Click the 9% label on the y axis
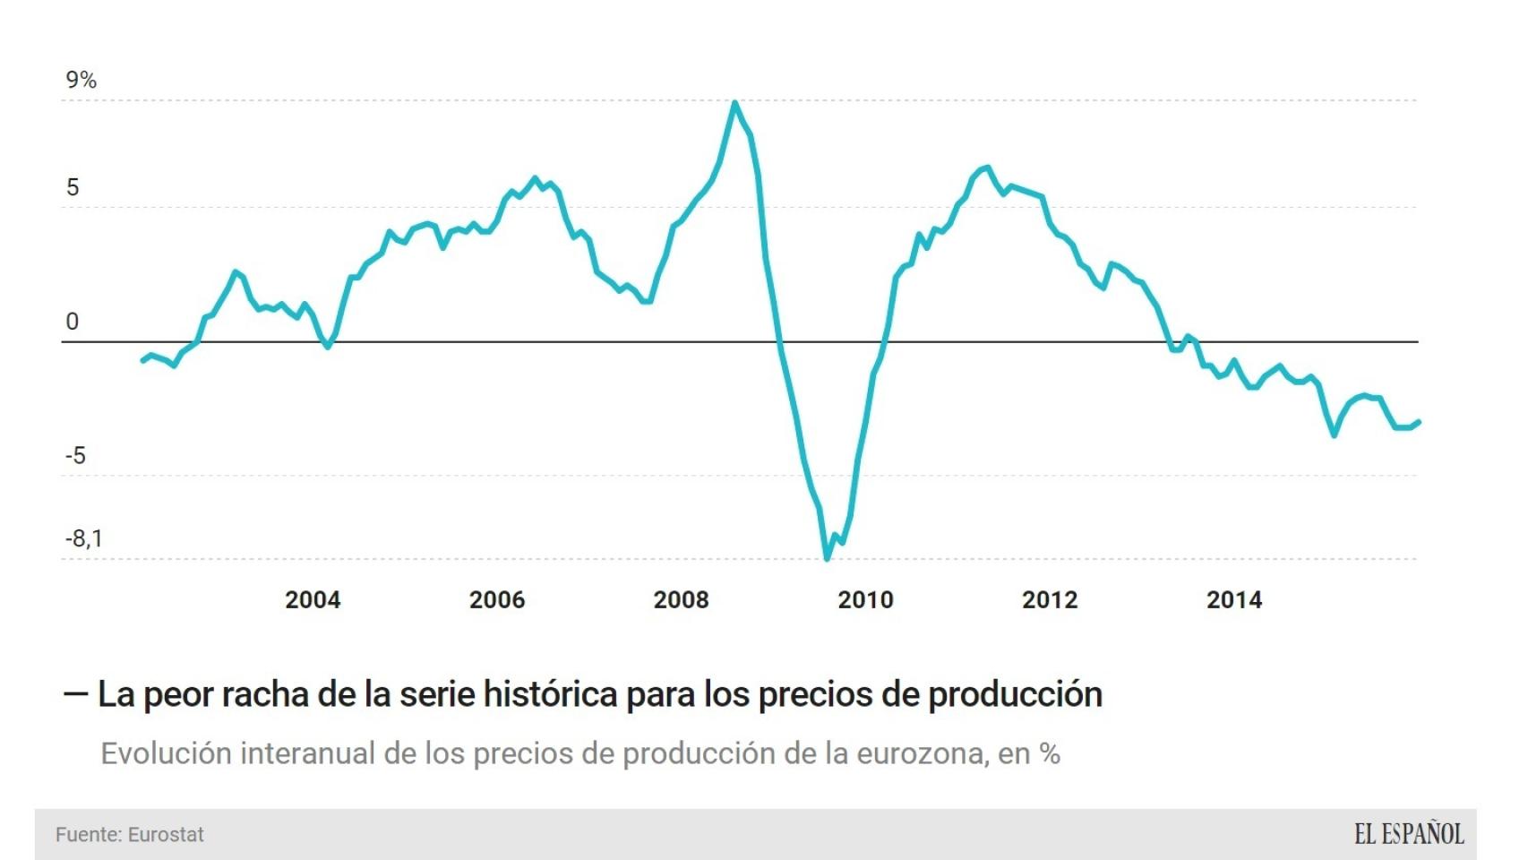click(x=81, y=80)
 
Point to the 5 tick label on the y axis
click(x=73, y=187)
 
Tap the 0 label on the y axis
click(x=73, y=322)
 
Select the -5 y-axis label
click(x=75, y=456)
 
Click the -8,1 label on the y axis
click(x=83, y=538)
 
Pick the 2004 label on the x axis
click(x=313, y=600)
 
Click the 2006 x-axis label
click(x=497, y=600)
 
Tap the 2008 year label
click(x=681, y=600)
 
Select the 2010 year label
click(x=865, y=600)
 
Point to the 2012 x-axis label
click(x=1050, y=600)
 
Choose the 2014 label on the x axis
click(x=1234, y=600)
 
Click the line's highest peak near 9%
click(x=734, y=103)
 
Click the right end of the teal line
click(x=1419, y=422)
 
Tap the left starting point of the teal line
click(x=142, y=360)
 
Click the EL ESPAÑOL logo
click(x=1409, y=834)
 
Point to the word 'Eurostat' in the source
click(x=166, y=835)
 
